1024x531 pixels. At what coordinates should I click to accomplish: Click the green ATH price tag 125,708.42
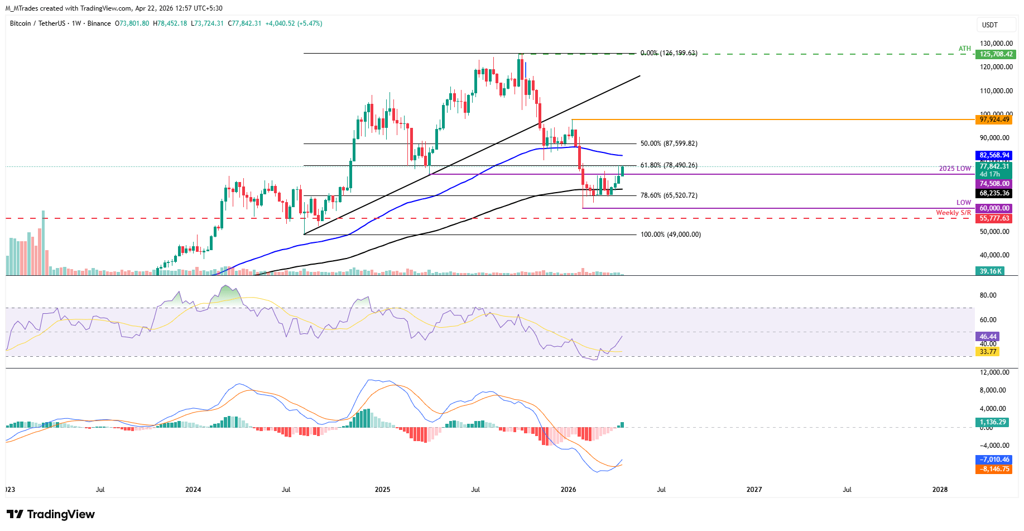(996, 54)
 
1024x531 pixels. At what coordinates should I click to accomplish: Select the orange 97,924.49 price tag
(994, 119)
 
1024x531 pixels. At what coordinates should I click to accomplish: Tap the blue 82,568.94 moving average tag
(994, 155)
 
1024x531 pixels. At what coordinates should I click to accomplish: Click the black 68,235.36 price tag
(994, 193)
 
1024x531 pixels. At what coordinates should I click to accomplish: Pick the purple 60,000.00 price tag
(994, 208)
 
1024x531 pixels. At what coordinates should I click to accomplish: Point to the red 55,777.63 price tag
(994, 218)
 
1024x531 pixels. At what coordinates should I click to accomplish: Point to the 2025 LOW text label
(955, 169)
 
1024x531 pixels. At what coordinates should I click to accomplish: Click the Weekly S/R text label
(953, 213)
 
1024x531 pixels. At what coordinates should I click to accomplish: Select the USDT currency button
(990, 25)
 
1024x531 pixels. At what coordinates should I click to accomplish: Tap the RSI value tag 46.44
(988, 337)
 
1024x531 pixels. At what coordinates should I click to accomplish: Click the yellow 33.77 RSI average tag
(988, 351)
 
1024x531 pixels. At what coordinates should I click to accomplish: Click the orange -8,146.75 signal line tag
(994, 469)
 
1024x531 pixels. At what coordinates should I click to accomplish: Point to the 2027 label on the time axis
(754, 490)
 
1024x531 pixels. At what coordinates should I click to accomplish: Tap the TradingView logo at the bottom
(51, 514)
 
